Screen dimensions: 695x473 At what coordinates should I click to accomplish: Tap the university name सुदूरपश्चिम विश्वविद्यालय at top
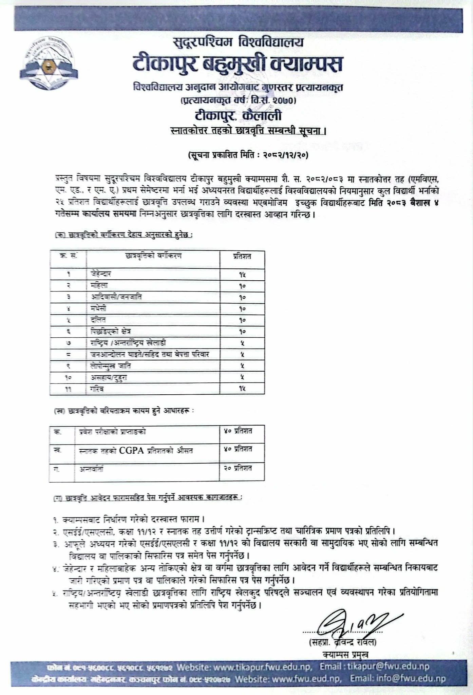pyautogui.click(x=238, y=43)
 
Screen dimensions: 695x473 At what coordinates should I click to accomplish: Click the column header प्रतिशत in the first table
pyautogui.click(x=242, y=257)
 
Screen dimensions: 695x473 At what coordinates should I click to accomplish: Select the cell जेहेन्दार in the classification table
pyautogui.click(x=101, y=274)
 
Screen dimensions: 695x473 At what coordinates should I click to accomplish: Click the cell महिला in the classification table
pyautogui.click(x=99, y=286)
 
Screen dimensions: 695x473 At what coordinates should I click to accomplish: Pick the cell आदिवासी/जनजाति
pyautogui.click(x=116, y=297)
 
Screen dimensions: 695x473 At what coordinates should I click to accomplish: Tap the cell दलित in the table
pyautogui.click(x=98, y=320)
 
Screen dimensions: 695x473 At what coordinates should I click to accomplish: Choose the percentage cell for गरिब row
pyautogui.click(x=242, y=389)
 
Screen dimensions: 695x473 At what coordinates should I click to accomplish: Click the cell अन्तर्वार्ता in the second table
pyautogui.click(x=91, y=469)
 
